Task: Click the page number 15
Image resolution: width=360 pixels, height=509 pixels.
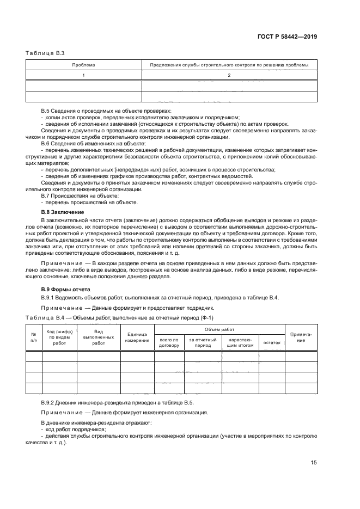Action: tap(314, 462)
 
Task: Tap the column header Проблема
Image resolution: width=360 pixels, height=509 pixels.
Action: tap(84, 65)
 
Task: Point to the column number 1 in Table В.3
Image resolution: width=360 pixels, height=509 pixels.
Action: tap(84, 75)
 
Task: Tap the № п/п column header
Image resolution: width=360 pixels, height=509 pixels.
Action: tap(34, 337)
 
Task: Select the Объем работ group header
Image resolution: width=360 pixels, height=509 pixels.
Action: tap(219, 330)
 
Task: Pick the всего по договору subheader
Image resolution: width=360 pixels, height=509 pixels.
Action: tap(169, 343)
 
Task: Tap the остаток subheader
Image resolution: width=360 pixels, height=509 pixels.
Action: tap(271, 343)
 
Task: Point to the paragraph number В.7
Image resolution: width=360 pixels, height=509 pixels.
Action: tap(47, 195)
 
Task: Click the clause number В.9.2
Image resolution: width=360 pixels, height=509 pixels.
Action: tap(50, 402)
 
